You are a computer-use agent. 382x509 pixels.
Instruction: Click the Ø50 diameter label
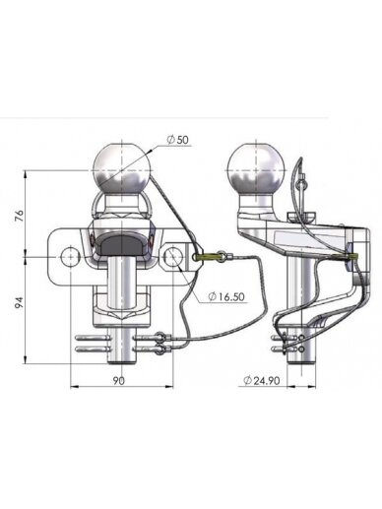point(178,140)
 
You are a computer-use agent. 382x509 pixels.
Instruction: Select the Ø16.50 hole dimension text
point(226,296)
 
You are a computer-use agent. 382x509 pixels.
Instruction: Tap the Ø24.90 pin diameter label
point(262,380)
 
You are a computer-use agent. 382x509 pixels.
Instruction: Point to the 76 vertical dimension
point(20,215)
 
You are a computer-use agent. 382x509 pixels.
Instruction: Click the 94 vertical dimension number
point(20,302)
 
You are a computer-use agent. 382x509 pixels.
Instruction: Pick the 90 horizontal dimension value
point(119,381)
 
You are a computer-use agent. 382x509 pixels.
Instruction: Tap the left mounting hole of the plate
point(70,257)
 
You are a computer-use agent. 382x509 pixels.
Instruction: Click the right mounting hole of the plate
point(172,257)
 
